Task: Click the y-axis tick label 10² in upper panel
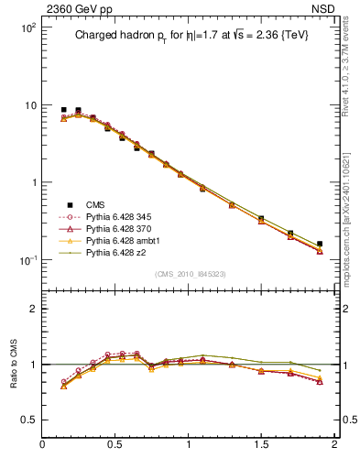[27, 27]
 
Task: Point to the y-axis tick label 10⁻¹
[27, 260]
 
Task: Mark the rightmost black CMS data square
[319, 245]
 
